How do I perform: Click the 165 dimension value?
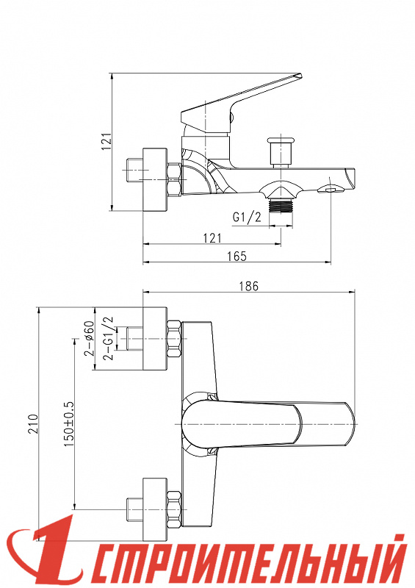tap(237, 256)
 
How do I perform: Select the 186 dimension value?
tap(249, 286)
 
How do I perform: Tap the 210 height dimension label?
tap(34, 424)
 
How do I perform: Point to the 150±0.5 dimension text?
tap(69, 424)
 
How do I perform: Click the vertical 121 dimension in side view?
tap(107, 141)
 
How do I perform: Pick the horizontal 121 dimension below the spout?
tap(212, 237)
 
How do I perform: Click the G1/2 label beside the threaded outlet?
tap(247, 217)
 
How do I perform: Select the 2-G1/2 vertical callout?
tap(109, 338)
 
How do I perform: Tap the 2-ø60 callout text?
tap(89, 338)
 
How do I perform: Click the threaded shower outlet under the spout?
tap(281, 206)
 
